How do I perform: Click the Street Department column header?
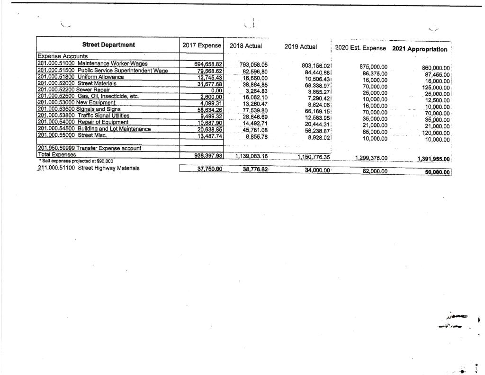pos(108,45)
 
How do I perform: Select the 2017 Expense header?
pos(202,46)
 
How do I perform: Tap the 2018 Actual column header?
pos(246,46)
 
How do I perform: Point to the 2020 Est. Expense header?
pos(360,48)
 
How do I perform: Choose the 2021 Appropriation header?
pos(420,49)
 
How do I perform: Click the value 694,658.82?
pos(208,64)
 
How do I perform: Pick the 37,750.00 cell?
pos(206,169)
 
